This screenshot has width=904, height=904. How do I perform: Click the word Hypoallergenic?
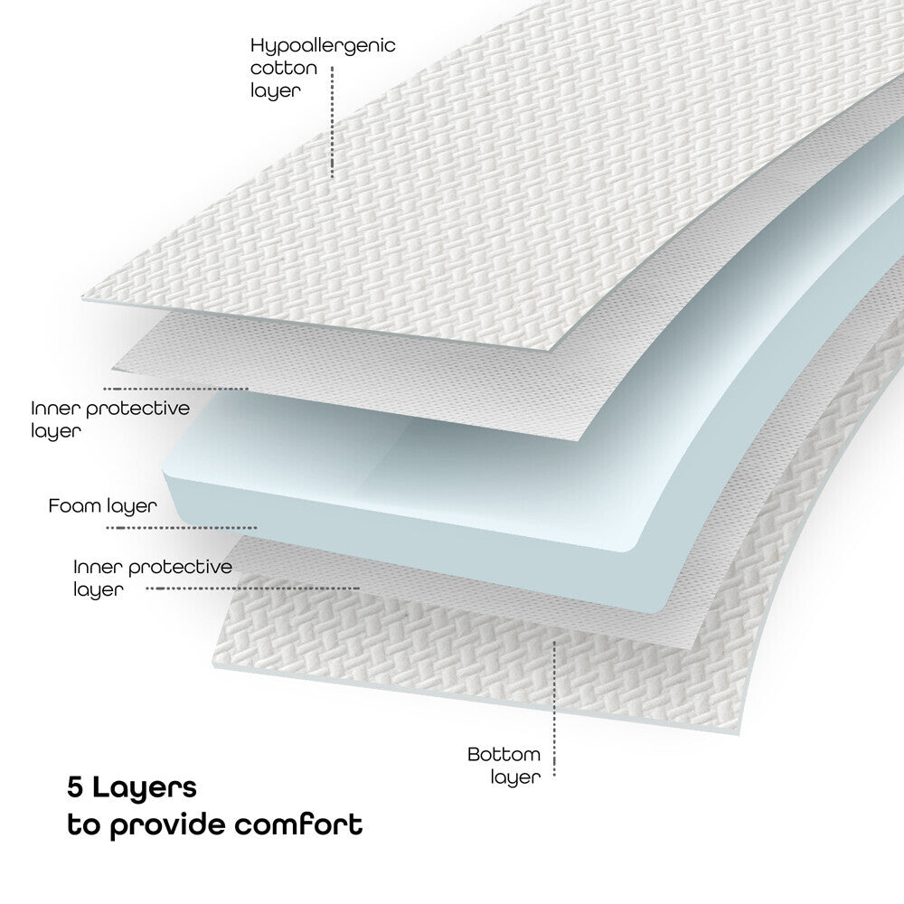point(323,46)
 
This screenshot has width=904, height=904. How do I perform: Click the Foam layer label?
point(102,506)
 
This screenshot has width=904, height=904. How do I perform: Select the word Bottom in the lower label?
point(504,754)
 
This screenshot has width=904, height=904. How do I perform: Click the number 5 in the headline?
point(76,786)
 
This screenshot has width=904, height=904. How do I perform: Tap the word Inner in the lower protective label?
point(98,568)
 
